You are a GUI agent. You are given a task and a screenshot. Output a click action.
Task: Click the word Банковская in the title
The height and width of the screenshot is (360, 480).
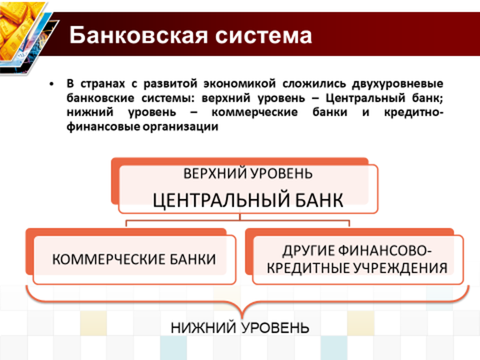coord(139,35)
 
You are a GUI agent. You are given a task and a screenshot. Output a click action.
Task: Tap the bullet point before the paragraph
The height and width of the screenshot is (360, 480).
coord(52,83)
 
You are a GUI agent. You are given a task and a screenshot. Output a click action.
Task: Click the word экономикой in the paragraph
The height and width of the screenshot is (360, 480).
coord(240,83)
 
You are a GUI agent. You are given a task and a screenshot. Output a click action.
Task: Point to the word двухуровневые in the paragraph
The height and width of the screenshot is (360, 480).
coord(397,83)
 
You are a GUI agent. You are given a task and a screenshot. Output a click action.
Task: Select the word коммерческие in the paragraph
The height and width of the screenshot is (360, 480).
coord(255,112)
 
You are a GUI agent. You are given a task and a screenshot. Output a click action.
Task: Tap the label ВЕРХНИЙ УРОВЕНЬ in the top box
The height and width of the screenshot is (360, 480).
coord(248,173)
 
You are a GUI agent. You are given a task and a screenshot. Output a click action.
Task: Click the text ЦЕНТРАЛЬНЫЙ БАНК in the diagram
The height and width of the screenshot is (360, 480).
coord(248,201)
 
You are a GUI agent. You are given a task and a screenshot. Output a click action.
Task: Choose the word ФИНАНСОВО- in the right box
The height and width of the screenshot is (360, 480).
coord(385,251)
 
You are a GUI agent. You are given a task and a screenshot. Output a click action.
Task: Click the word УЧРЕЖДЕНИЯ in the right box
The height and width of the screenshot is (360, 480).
coord(401,268)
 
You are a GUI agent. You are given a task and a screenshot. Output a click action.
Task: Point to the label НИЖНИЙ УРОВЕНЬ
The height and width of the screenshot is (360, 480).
coord(240,328)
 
